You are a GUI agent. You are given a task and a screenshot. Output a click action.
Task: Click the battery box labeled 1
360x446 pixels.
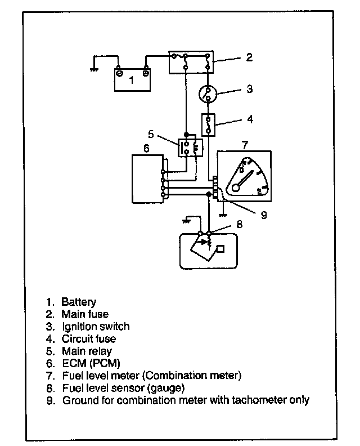click(x=132, y=80)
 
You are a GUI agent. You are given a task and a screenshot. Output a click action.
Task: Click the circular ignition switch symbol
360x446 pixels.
click(x=208, y=95)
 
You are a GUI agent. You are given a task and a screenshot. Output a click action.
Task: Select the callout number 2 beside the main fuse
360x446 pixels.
click(x=249, y=57)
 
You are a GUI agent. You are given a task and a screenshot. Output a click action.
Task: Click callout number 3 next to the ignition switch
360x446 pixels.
click(x=249, y=89)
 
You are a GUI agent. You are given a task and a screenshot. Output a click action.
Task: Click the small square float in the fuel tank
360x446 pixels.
click(x=220, y=249)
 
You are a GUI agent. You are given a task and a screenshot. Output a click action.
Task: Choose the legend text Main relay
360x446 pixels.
click(x=87, y=351)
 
